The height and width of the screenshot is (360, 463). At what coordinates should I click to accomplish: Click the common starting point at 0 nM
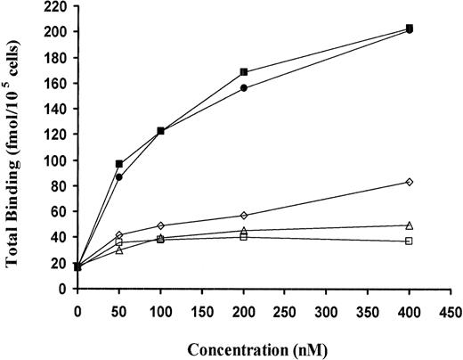click(78, 266)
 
